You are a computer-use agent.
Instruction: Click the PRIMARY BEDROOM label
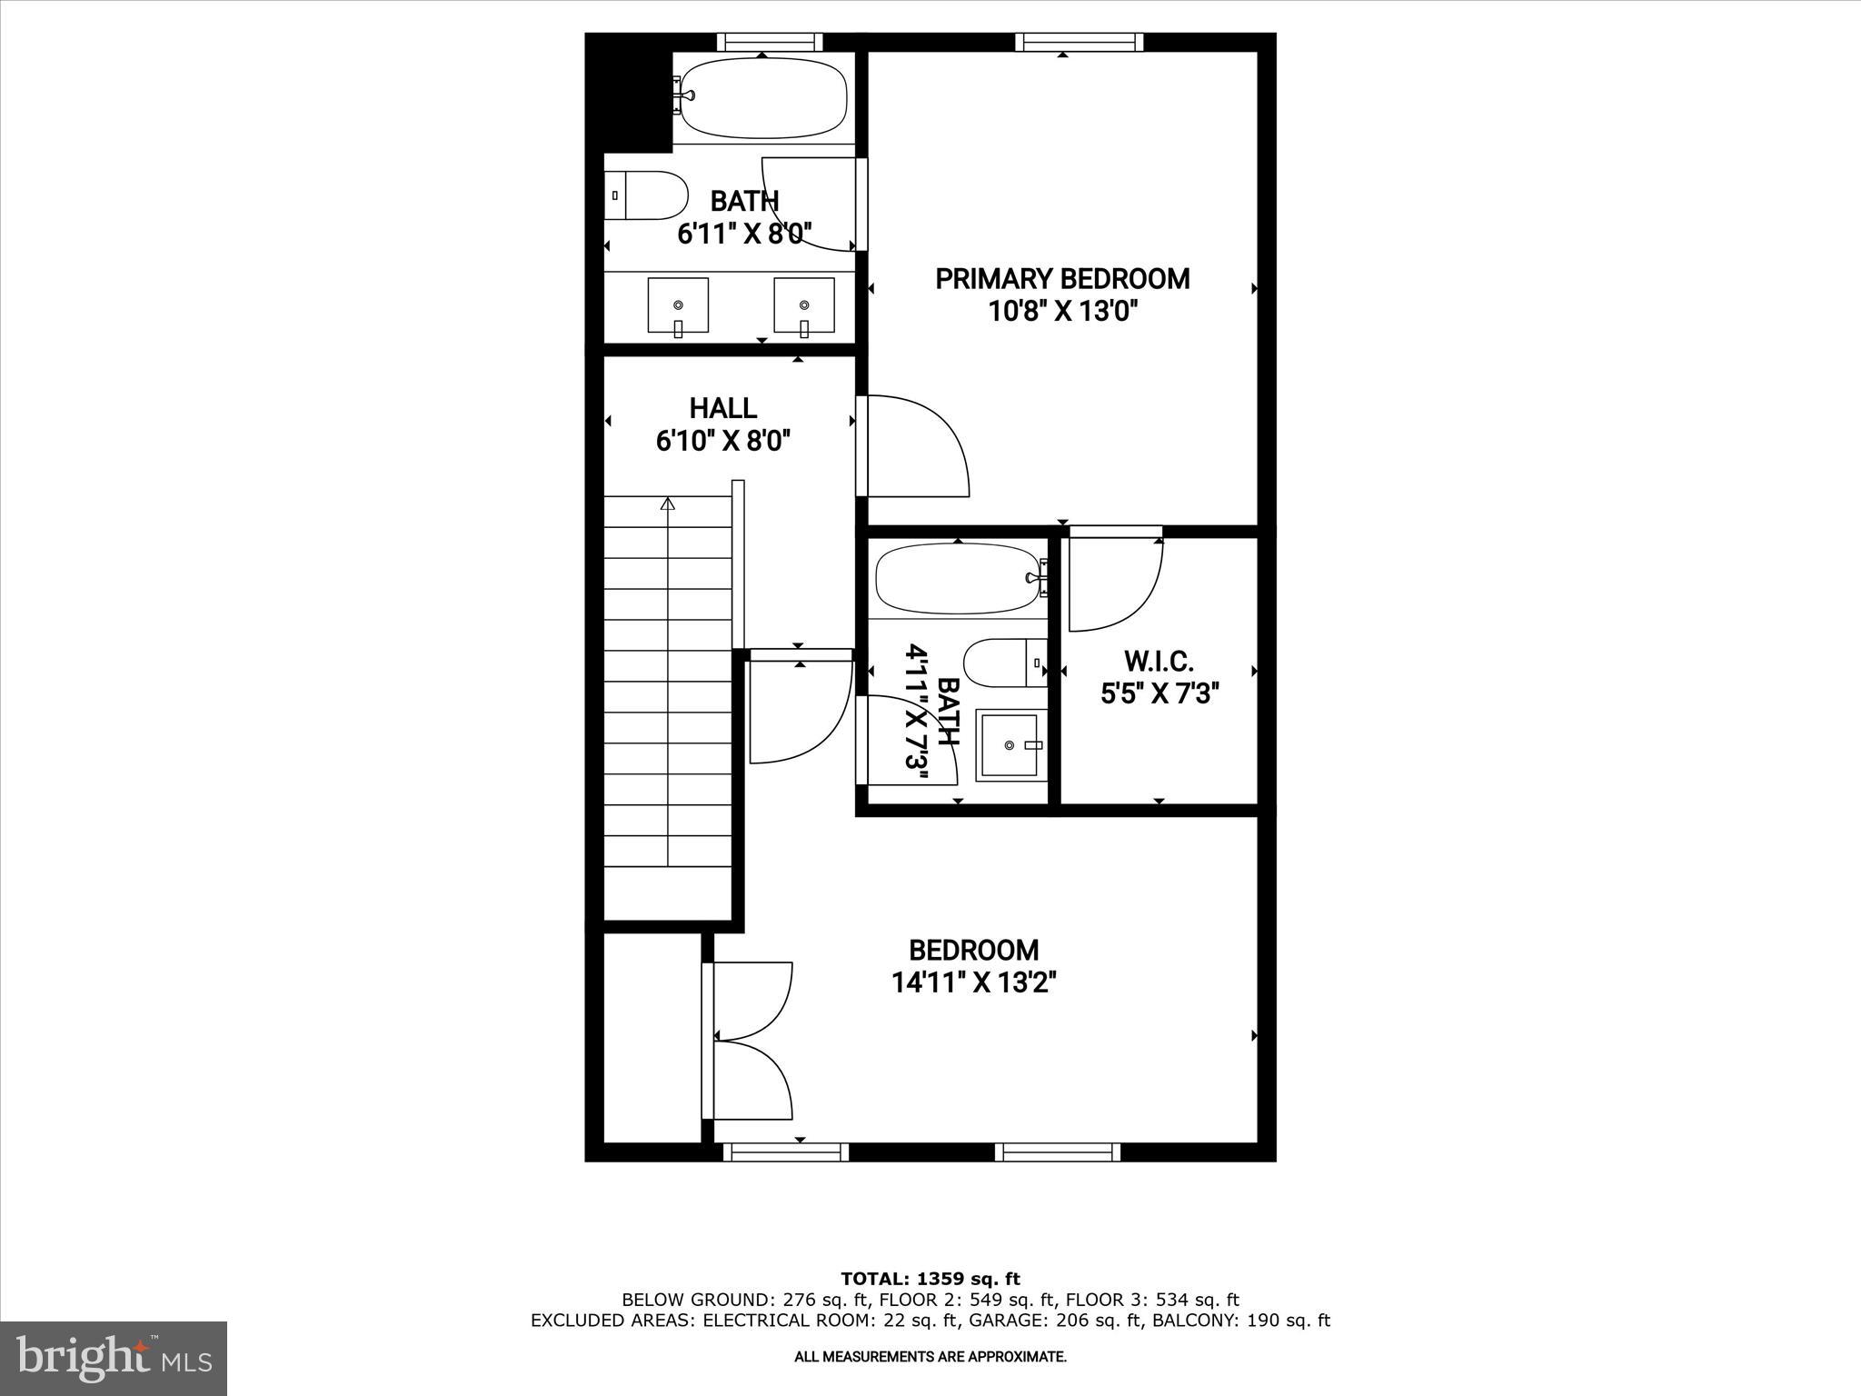(1062, 279)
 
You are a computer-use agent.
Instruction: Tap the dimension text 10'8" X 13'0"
(1062, 313)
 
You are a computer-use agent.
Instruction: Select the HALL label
(722, 408)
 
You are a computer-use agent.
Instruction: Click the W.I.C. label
(1159, 661)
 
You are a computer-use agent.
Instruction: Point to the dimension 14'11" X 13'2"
(973, 982)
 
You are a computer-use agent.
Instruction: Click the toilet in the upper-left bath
(645, 195)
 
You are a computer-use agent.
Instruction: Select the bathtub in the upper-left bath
(763, 98)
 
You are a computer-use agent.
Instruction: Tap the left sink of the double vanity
(678, 305)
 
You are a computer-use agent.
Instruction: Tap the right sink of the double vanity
(804, 305)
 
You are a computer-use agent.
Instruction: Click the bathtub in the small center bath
(956, 578)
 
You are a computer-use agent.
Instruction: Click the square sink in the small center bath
(1009, 746)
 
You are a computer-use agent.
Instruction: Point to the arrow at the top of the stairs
(669, 504)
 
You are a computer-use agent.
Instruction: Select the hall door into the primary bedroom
(913, 446)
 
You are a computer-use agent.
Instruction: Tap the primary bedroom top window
(1079, 42)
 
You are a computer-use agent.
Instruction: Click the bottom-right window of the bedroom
(1057, 1152)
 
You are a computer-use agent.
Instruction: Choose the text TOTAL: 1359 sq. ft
(930, 1279)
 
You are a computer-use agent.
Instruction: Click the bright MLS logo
(114, 1358)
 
